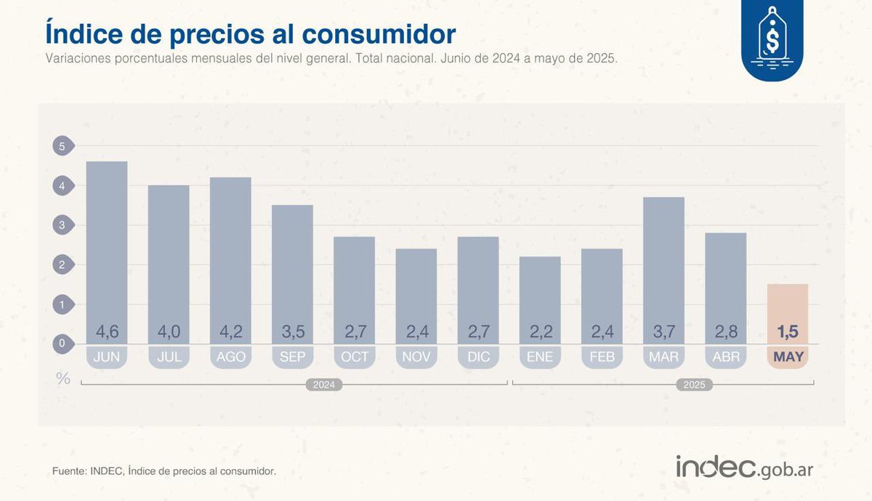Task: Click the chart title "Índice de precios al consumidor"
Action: click(x=251, y=33)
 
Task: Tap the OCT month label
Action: click(x=355, y=357)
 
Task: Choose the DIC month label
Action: click(x=478, y=357)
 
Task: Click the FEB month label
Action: click(x=602, y=357)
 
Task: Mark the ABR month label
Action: click(x=726, y=357)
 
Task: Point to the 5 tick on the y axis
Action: click(x=62, y=147)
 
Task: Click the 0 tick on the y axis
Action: click(x=62, y=343)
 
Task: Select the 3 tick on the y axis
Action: click(x=62, y=225)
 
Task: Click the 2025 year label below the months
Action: click(x=693, y=385)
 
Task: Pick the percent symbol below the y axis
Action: click(x=63, y=377)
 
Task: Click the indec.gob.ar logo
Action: click(x=745, y=468)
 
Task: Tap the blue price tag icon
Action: click(x=772, y=40)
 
